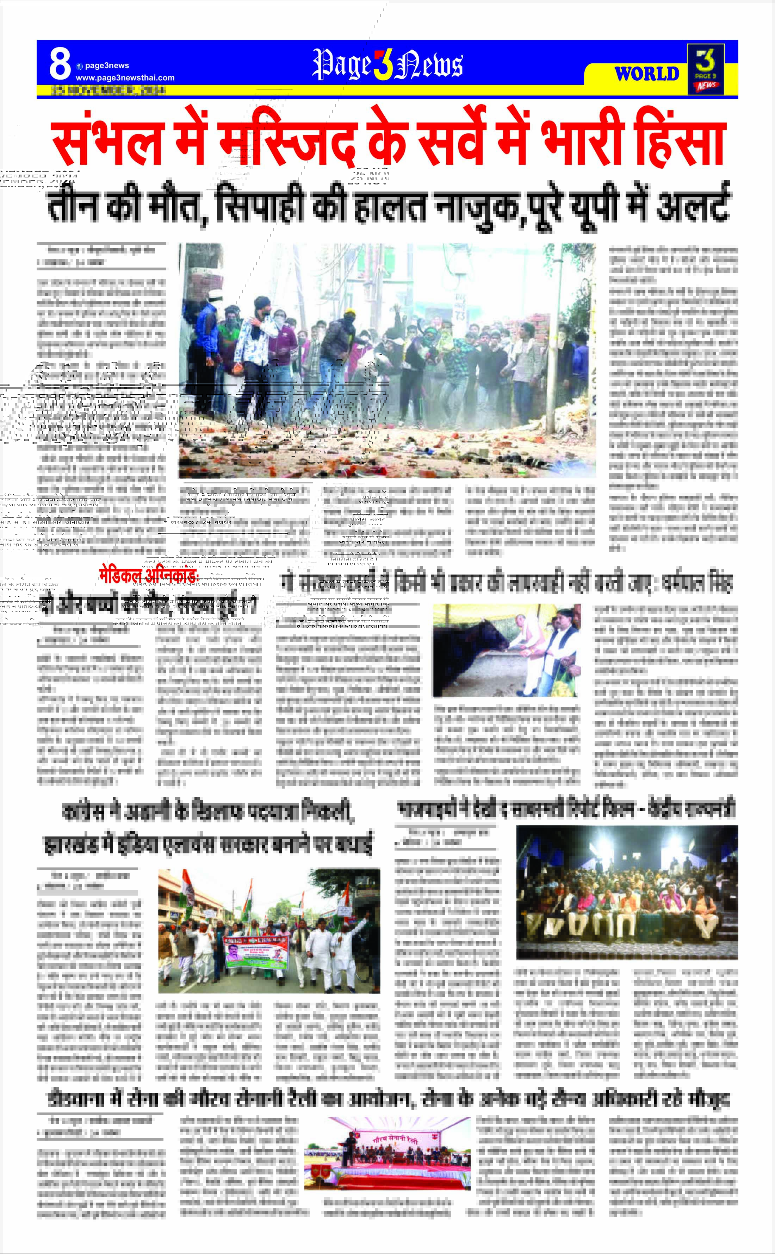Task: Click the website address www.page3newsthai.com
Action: (x=125, y=78)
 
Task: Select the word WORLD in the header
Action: (x=647, y=74)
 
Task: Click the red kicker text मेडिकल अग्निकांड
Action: (x=149, y=576)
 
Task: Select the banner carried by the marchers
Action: (x=256, y=952)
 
